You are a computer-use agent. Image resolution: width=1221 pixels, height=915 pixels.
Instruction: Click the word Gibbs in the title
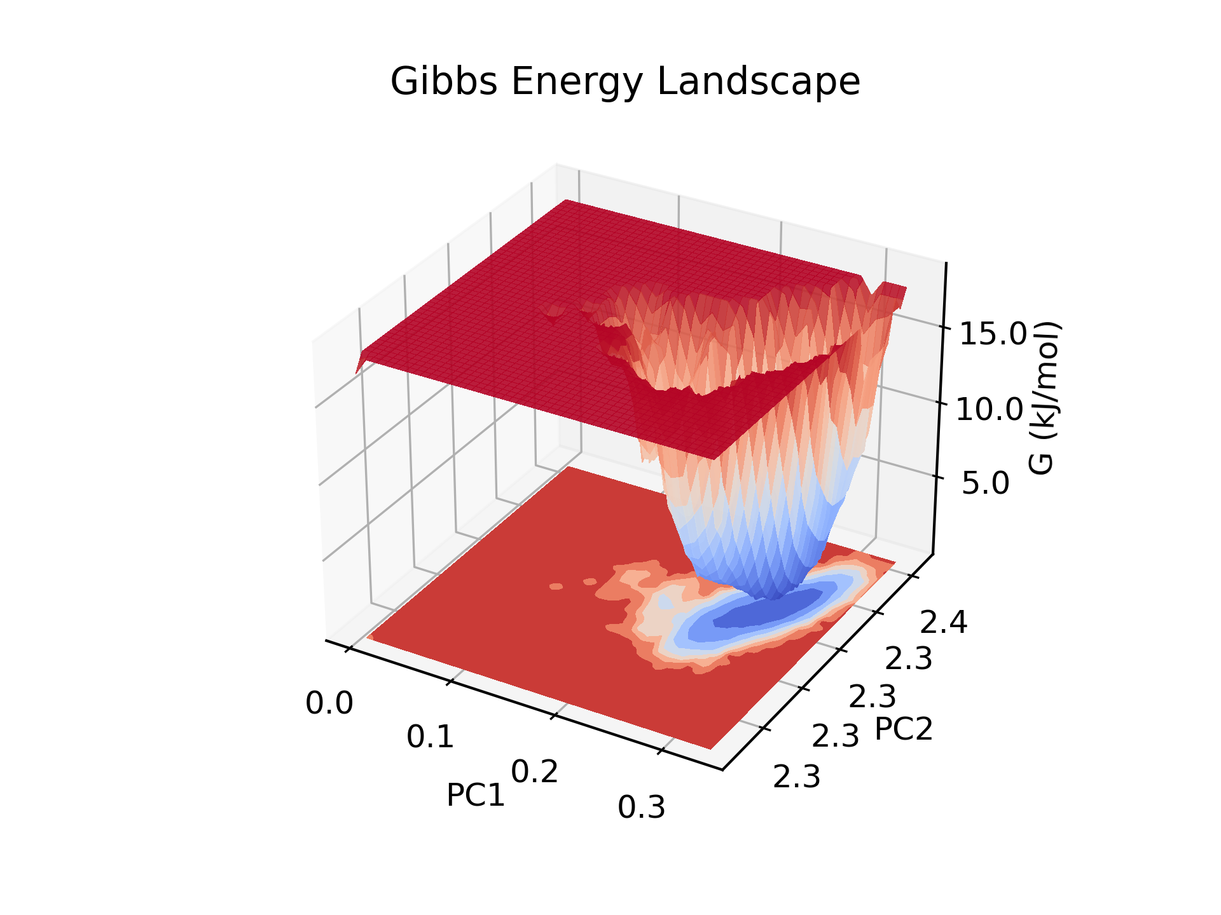[x=443, y=82]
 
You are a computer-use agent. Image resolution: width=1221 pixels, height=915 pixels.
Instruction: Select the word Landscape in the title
[x=758, y=82]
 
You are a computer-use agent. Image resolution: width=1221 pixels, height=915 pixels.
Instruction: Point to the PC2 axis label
[x=903, y=729]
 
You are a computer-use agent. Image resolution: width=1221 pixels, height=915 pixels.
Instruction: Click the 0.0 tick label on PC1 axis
[x=329, y=704]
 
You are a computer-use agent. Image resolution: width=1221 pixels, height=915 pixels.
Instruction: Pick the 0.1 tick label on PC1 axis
[x=431, y=737]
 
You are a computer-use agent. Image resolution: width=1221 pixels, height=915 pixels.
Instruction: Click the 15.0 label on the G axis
[x=993, y=334]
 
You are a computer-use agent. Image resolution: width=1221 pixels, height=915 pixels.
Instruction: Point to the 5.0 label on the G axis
[x=985, y=484]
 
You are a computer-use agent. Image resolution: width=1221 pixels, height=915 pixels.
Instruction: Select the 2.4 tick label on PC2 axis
[x=943, y=623]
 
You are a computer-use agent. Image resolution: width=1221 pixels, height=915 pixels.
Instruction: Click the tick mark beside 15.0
[x=945, y=327]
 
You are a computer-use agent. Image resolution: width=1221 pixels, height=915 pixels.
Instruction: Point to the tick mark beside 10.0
[x=942, y=403]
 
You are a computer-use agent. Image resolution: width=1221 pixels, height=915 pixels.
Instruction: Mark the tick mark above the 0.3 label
[x=661, y=750]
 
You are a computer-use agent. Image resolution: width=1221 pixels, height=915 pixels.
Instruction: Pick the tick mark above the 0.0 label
[x=348, y=648]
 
